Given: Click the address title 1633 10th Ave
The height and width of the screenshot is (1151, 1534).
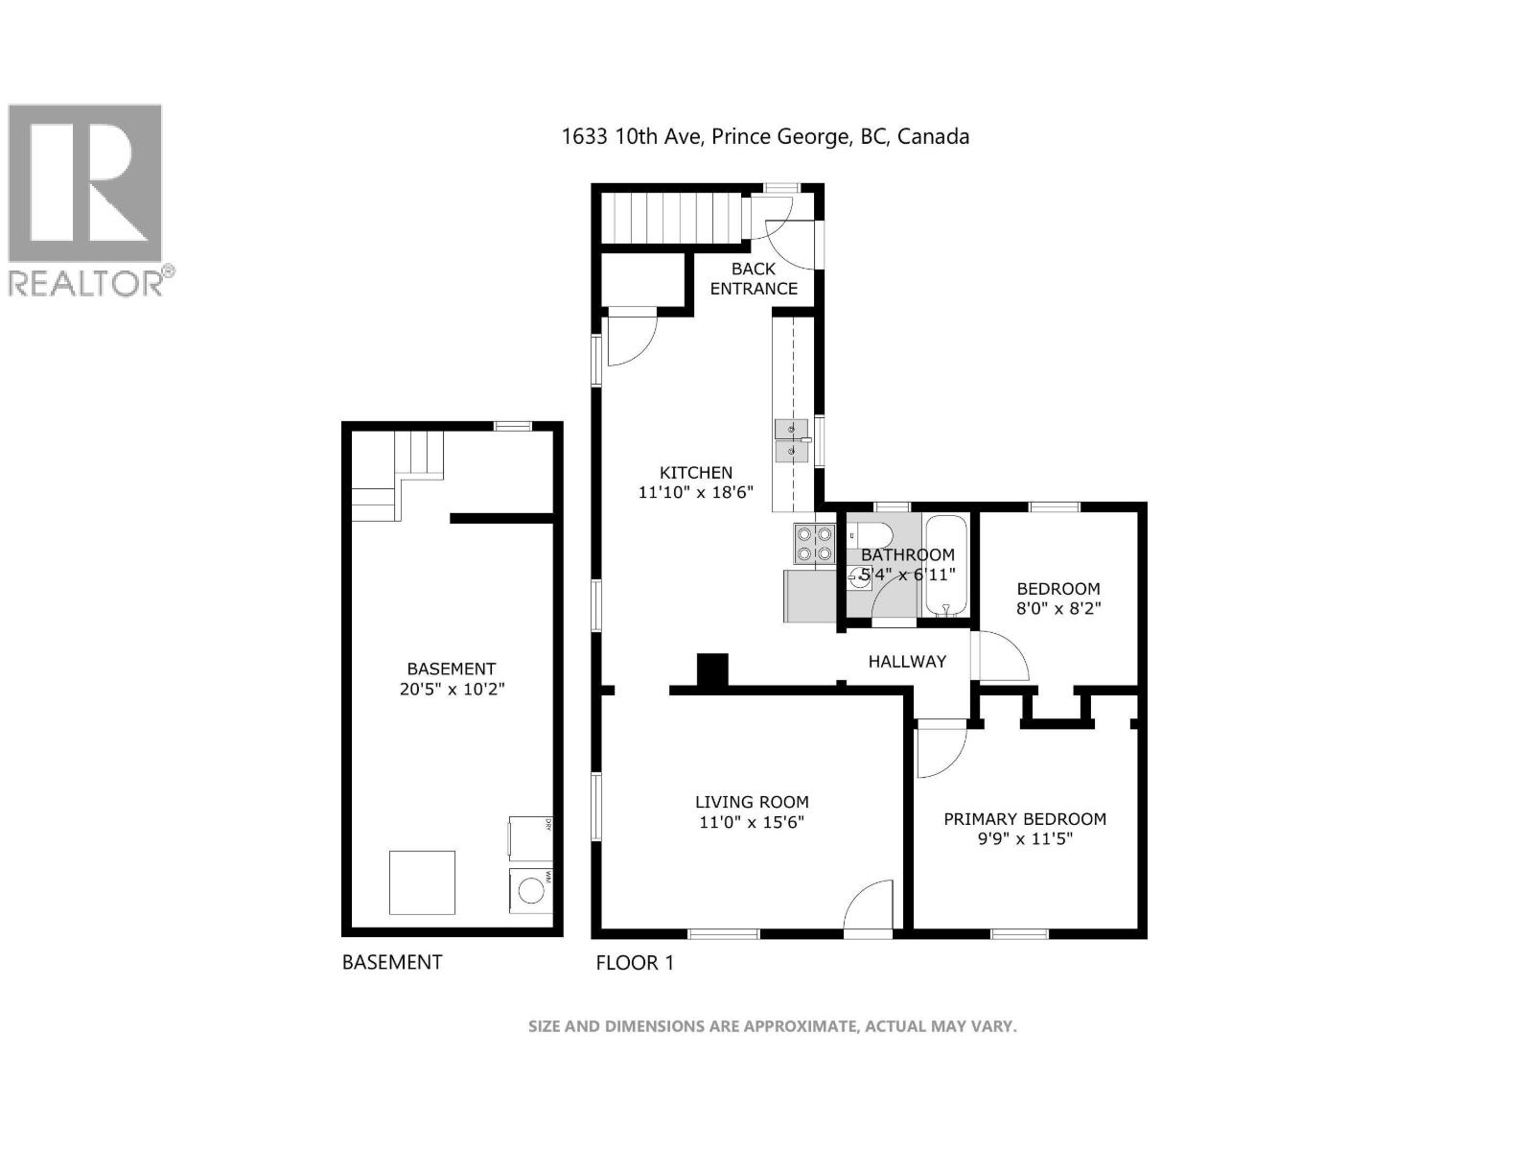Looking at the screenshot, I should tap(764, 136).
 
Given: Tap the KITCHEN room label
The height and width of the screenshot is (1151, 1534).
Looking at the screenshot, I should tap(696, 472).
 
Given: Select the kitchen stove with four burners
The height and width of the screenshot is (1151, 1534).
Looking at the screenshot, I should tap(814, 544).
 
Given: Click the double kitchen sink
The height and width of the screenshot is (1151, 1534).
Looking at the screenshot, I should tap(791, 441).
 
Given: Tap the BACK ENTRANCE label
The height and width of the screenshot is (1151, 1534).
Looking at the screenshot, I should tap(754, 278).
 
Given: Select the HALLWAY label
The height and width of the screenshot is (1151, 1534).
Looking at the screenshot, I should tap(907, 661).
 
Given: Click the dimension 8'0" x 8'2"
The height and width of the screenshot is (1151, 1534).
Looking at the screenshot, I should tap(1058, 608).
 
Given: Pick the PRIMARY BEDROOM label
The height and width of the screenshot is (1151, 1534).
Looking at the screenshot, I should tap(1025, 818).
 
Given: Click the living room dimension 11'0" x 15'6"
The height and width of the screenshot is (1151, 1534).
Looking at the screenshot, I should tap(752, 822).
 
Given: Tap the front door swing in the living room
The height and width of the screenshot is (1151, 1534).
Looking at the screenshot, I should tap(870, 906).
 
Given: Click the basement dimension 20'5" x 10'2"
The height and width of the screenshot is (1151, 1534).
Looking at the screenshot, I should tap(452, 689).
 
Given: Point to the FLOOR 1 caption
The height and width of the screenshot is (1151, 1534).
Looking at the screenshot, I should tap(635, 962).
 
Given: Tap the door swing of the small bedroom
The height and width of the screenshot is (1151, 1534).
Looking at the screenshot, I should tap(1000, 657).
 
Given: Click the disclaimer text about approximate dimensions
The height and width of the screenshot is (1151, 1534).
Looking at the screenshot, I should tap(772, 1026).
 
